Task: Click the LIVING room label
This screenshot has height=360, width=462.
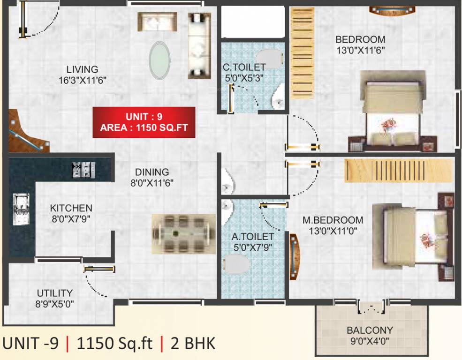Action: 82,69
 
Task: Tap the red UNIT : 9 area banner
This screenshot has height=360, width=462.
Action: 144,122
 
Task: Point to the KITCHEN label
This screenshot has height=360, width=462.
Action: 71,208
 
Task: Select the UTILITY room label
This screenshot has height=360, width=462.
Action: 55,293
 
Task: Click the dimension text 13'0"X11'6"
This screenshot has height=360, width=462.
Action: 360,50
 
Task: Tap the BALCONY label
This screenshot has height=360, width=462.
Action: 370,330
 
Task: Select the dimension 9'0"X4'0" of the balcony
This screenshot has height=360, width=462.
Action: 370,341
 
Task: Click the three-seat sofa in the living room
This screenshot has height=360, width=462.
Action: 199,45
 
